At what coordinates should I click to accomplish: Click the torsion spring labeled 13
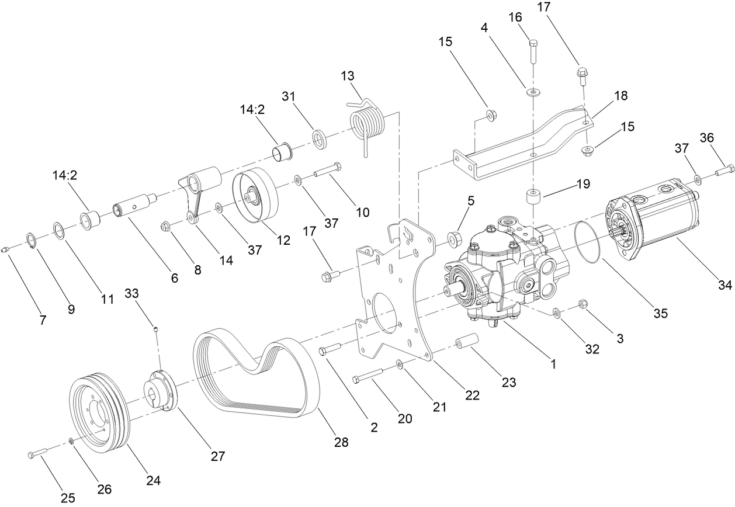point(367,124)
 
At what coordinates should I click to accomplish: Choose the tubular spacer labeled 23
point(467,342)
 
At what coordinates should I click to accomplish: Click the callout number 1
point(550,364)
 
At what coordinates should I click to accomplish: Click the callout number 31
point(288,96)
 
